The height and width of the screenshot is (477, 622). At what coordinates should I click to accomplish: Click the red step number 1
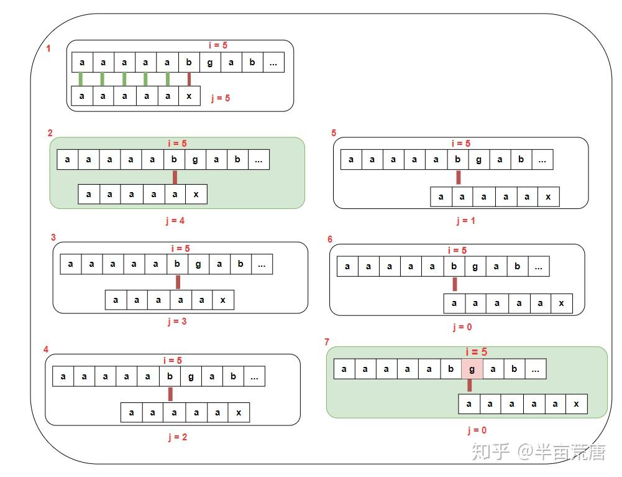click(x=48, y=49)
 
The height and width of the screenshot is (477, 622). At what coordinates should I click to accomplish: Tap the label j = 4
click(x=175, y=221)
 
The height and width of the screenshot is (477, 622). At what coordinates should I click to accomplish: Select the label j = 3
click(x=177, y=322)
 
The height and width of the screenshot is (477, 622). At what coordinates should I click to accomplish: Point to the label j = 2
click(x=177, y=437)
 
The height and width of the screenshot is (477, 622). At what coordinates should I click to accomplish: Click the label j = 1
click(x=465, y=221)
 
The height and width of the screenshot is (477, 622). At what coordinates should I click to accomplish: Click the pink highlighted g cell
click(x=472, y=369)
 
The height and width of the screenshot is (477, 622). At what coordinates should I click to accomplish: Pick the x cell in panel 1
click(x=190, y=96)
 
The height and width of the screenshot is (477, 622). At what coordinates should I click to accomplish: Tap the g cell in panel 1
click(x=210, y=62)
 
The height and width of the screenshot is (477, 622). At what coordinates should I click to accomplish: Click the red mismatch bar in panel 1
click(x=190, y=79)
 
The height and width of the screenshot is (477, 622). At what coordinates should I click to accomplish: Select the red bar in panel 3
click(x=178, y=282)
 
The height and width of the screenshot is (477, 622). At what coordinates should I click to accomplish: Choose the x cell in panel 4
click(x=239, y=413)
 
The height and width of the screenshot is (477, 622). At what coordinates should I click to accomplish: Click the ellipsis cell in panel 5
click(x=542, y=160)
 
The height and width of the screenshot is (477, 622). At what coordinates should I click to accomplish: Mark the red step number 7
click(x=327, y=342)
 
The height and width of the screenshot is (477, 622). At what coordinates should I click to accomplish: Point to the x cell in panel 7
click(x=577, y=404)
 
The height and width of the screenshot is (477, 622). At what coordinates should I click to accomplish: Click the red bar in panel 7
click(x=470, y=385)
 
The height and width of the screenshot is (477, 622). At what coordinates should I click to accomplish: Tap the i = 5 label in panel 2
click(x=177, y=144)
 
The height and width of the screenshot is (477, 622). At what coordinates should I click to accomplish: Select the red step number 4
click(x=46, y=350)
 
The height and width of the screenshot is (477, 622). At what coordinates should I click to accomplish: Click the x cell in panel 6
click(x=561, y=303)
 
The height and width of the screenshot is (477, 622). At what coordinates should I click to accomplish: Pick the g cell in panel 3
click(x=198, y=264)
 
